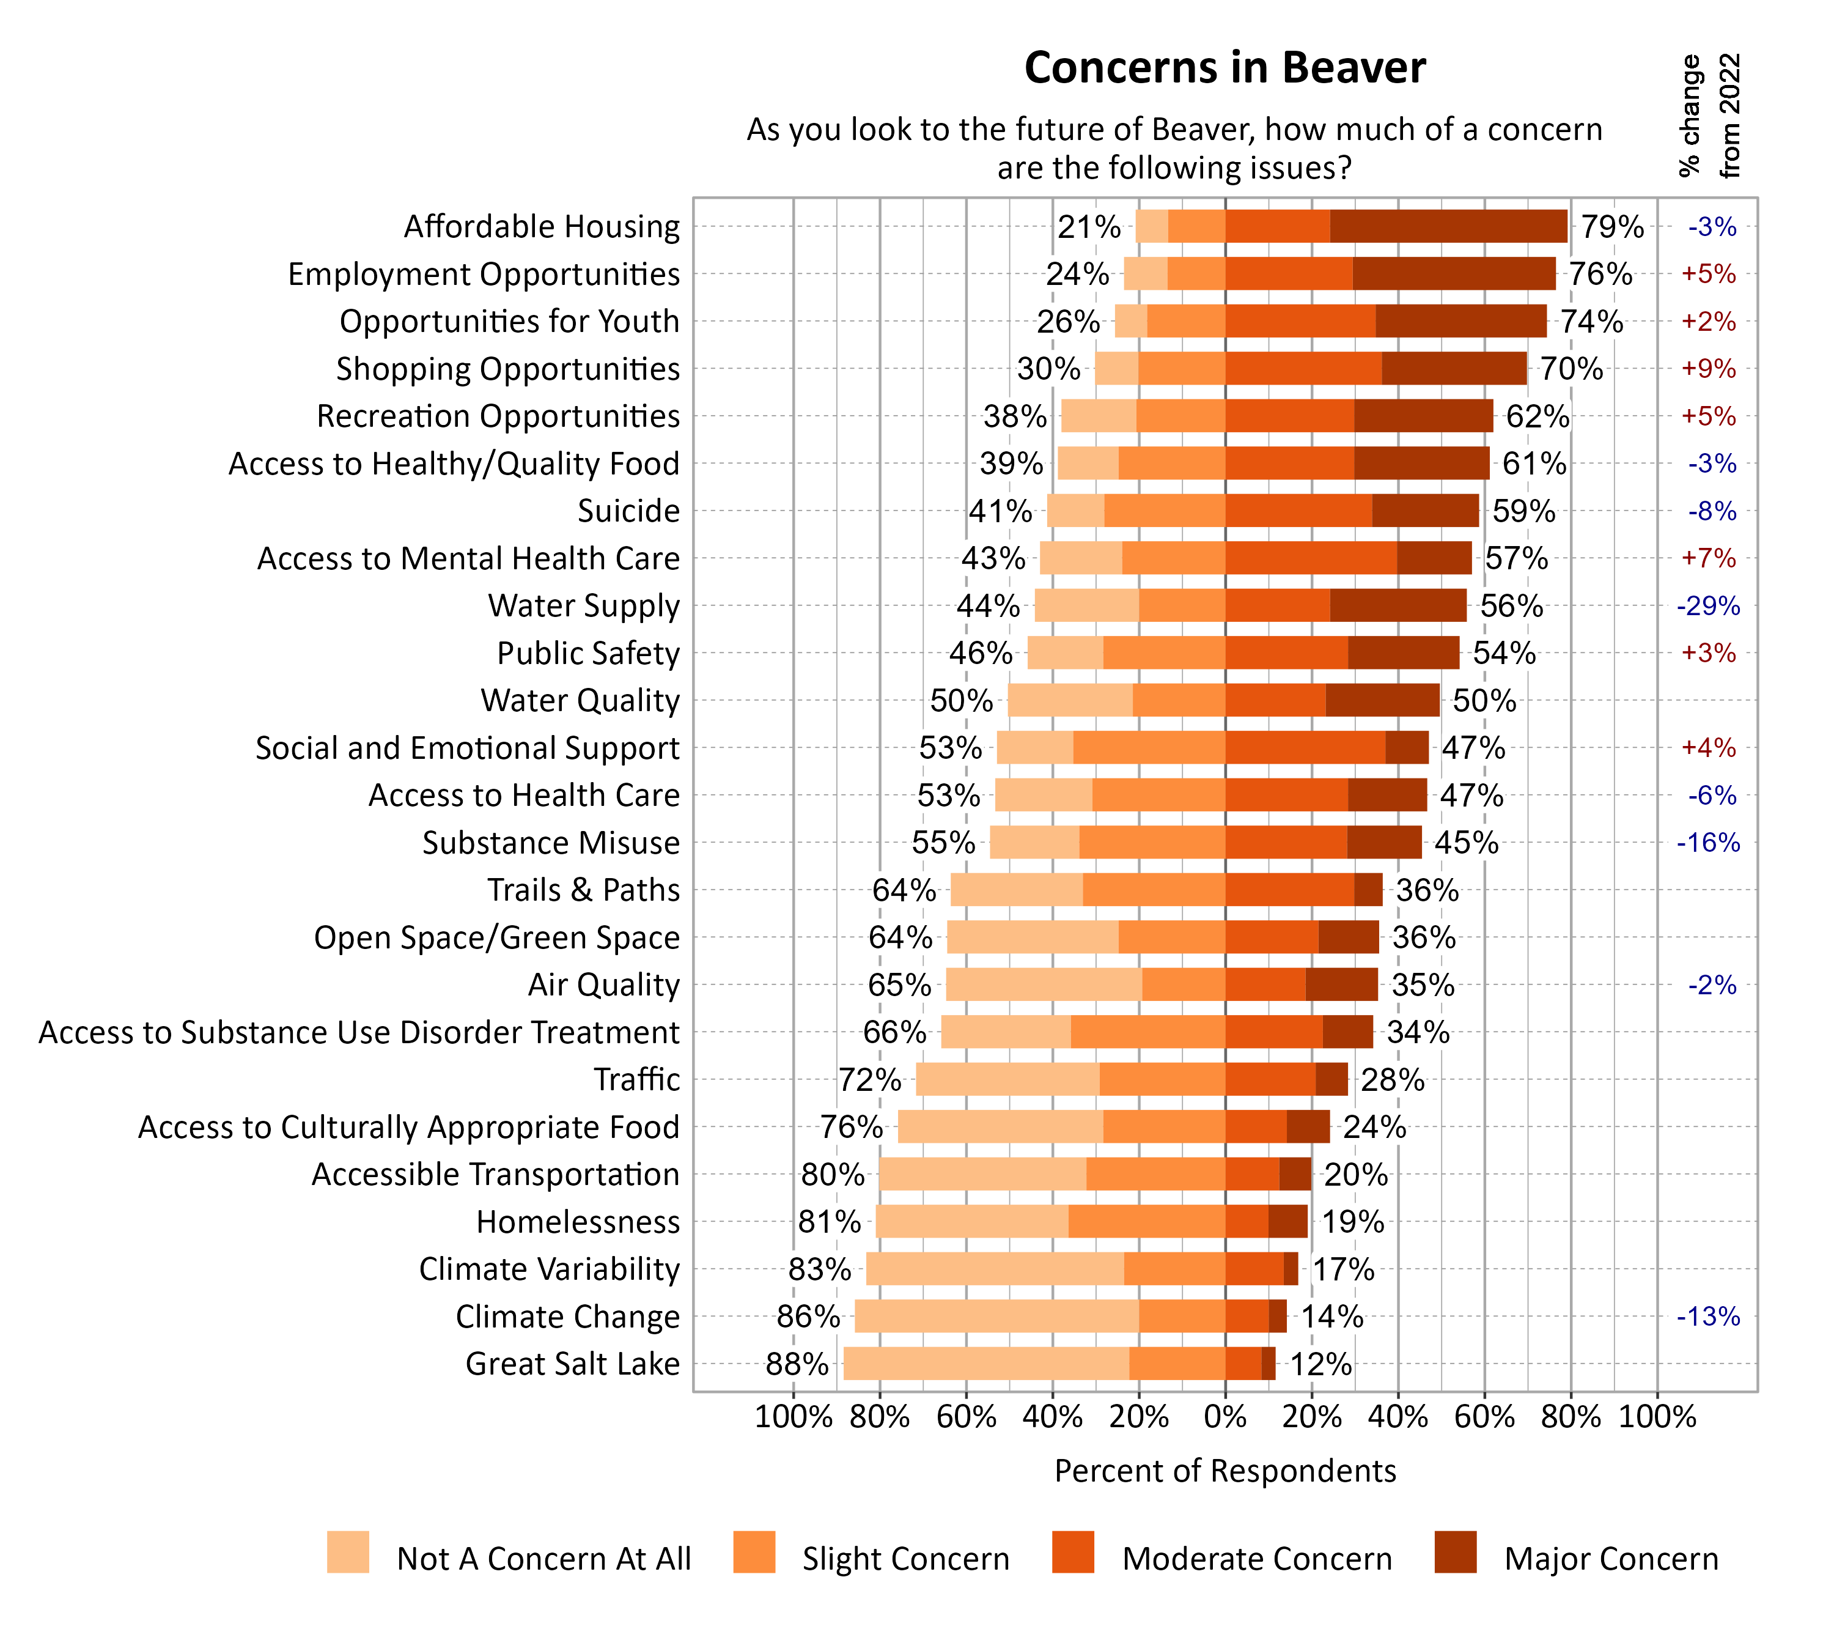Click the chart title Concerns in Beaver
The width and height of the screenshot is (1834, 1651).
coord(1225,68)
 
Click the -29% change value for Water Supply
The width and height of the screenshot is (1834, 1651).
coord(1708,606)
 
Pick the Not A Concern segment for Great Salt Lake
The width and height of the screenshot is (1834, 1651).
coord(986,1364)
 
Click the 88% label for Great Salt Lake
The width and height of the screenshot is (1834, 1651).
coord(797,1364)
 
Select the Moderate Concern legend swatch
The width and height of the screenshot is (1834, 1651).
coord(1073,1552)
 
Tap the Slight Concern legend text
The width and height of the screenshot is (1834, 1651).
coord(905,1559)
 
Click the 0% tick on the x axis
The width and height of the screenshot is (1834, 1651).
coord(1225,1417)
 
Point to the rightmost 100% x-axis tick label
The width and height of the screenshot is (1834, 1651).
coord(1657,1417)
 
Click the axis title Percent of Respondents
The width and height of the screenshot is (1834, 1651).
coord(1225,1471)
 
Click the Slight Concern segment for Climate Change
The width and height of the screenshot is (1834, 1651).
coord(1182,1317)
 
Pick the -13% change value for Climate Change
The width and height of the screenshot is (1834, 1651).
coord(1708,1317)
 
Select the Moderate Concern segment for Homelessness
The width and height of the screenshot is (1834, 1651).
coord(1247,1222)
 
